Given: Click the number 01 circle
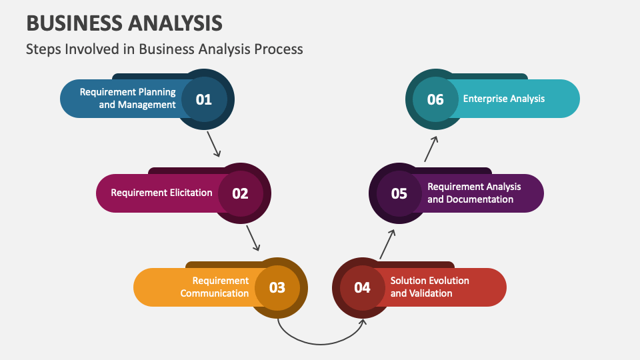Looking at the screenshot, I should (x=203, y=99).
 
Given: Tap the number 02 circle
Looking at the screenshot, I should (x=240, y=193).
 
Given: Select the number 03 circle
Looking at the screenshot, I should (x=277, y=287).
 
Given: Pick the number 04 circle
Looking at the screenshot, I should (x=362, y=287).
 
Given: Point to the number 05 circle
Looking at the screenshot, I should (x=399, y=193).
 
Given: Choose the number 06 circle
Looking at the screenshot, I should (x=435, y=99).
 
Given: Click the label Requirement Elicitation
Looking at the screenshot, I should (x=161, y=193).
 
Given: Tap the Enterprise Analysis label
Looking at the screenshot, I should (x=504, y=99).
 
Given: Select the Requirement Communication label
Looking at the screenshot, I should (x=215, y=287).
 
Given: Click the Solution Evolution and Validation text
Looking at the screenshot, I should (x=430, y=287).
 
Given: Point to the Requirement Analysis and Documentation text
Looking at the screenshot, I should (x=474, y=193).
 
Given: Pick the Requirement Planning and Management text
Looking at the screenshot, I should (x=128, y=99).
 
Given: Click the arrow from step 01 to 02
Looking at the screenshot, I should (x=213, y=143).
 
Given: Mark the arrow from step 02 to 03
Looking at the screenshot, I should (x=253, y=238).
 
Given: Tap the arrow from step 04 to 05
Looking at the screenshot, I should (x=387, y=244).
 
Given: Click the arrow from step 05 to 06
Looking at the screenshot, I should (x=431, y=149).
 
